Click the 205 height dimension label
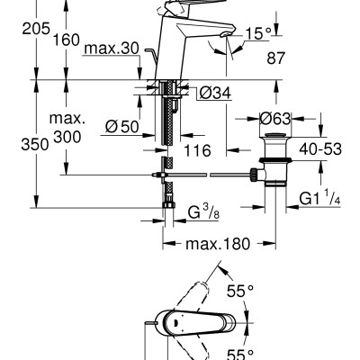36,29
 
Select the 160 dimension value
67,40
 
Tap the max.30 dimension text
112,49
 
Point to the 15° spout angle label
258,33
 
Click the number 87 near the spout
275,58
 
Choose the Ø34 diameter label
215,94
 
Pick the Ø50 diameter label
122,127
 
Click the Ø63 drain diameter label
274,119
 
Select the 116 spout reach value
197,150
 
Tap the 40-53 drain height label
320,149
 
